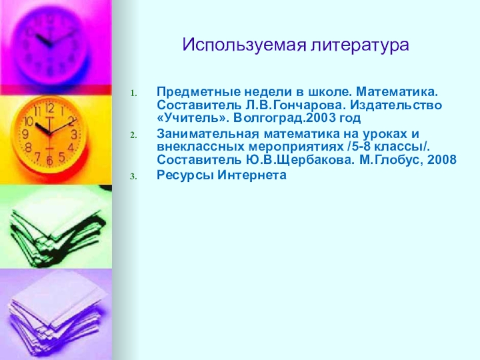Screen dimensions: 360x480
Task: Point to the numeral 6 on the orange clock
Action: click(49, 160)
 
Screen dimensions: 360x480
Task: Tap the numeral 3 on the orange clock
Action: click(74, 134)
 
